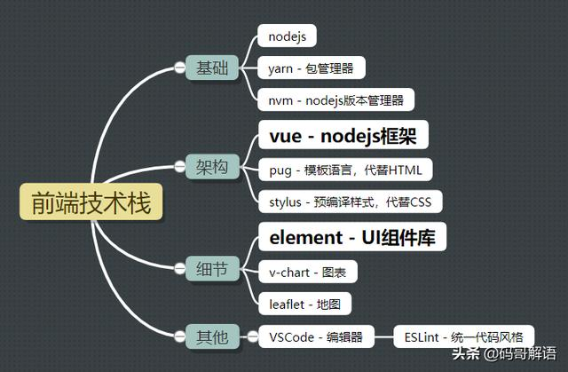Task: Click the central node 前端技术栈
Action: click(91, 202)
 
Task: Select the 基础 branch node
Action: click(211, 68)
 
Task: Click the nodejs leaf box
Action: click(288, 36)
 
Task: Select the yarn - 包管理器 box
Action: click(311, 67)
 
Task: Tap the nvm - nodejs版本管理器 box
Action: click(336, 99)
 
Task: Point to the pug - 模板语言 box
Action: click(345, 169)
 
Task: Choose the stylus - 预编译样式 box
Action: click(350, 201)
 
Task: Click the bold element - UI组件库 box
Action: click(351, 238)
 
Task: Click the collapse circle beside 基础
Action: click(180, 68)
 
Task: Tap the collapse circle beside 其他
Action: click(180, 336)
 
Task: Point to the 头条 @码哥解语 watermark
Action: click(509, 355)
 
